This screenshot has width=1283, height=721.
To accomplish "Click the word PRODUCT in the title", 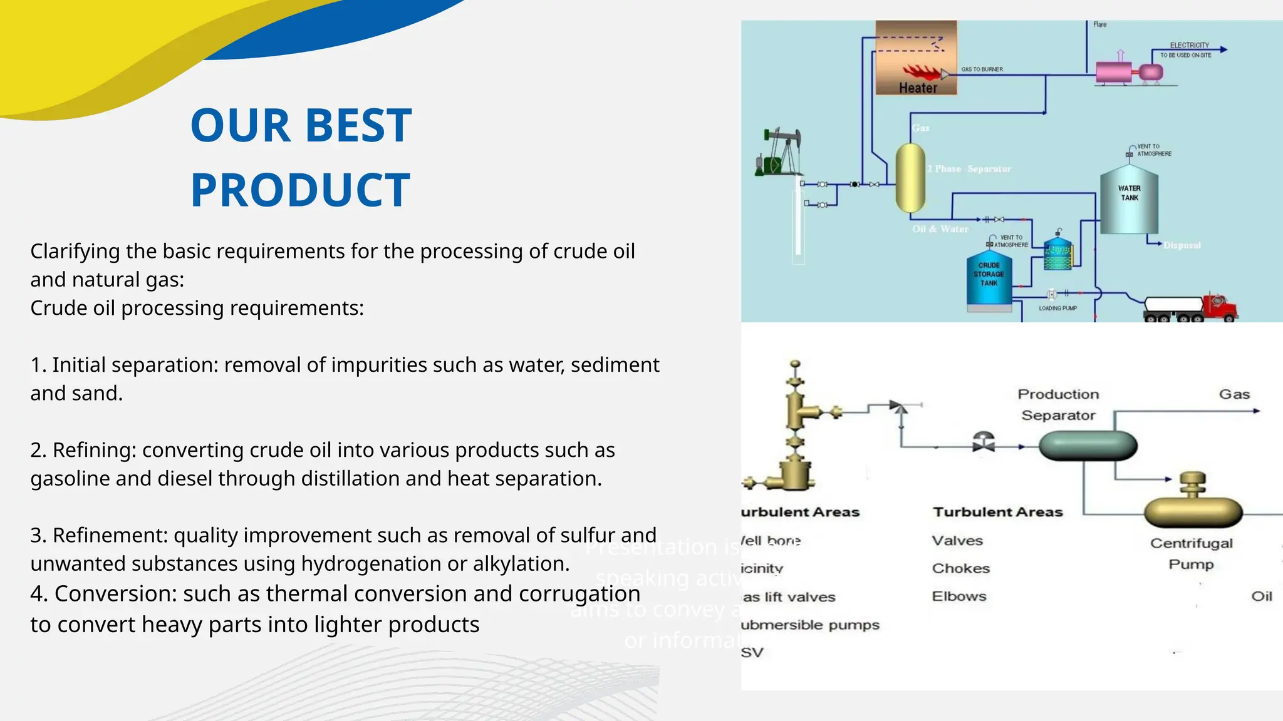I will coord(300,190).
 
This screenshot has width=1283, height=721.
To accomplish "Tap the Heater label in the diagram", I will coord(918,88).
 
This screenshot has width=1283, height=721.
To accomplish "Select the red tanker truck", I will coord(1190,308).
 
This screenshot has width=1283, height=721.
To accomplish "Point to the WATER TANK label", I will coord(1130,193).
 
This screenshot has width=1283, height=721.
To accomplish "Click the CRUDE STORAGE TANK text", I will coord(989,274).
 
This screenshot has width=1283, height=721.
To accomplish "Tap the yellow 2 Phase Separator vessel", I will coord(910,178).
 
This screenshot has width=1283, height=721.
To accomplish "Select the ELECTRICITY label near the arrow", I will coord(1189,45).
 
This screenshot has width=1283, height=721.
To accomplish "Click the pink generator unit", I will coord(1114,72).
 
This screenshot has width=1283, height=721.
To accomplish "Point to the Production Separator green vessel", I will coord(1088,446).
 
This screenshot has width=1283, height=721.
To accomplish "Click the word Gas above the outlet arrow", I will coord(1234,394).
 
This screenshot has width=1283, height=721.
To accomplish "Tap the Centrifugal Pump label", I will coord(1191,553).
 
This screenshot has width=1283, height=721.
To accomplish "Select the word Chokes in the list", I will coord(960,568).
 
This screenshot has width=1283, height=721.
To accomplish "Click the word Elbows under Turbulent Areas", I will coord(958,596).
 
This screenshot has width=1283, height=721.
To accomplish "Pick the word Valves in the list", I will coord(957,541).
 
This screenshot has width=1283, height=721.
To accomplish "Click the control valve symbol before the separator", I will coord(984,442).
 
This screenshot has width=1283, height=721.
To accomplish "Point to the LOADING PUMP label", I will coord(1057,308).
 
